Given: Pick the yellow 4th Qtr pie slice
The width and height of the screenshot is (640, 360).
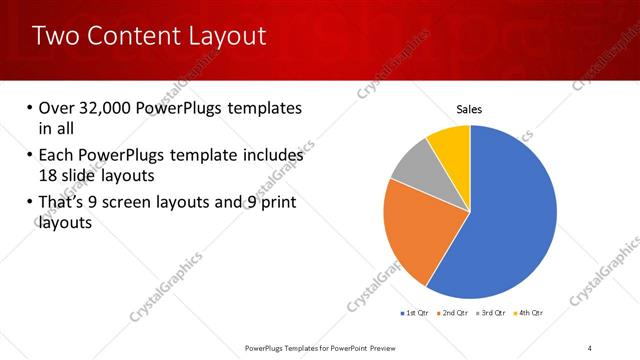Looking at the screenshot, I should (x=451, y=145).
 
